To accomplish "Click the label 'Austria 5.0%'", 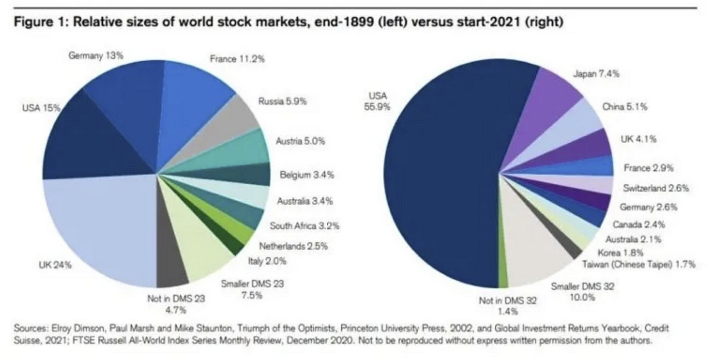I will tap(300, 141).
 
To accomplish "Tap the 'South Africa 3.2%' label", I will tap(304, 226).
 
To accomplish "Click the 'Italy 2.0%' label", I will tap(267, 261).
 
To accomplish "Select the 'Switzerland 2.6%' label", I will tap(656, 188).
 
